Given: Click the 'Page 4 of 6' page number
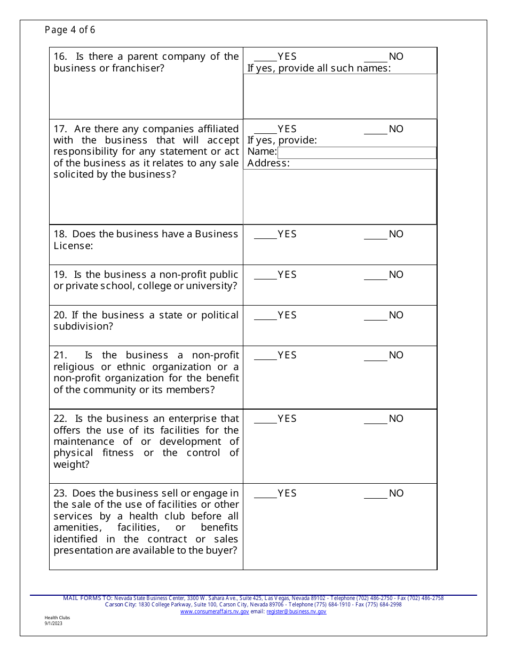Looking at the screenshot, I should tap(70, 30).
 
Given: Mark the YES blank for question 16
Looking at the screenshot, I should tap(265, 57).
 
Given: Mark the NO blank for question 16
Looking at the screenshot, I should tap(375, 57).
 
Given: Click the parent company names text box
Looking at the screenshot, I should tap(340, 96).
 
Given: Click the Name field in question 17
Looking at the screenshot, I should tap(356, 153).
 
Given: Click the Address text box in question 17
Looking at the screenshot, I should tap(340, 196).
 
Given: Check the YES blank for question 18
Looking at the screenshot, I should tap(265, 235).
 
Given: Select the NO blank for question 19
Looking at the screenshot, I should tap(375, 275).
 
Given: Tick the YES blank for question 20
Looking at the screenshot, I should tap(265, 316).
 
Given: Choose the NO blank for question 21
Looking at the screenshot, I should tap(375, 356).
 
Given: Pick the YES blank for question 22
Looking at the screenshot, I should tap(265, 419).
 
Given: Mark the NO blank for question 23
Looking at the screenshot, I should tap(375, 494).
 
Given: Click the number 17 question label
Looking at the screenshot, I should tap(59, 129).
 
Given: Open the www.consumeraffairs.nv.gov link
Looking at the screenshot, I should tap(215, 612).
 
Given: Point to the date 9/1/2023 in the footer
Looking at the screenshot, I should tap(53, 623).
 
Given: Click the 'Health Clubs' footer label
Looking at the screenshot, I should tap(57, 618).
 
